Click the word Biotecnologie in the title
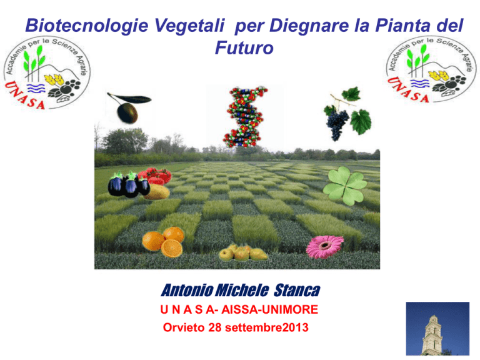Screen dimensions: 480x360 [87, 26]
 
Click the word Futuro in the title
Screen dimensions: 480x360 [244, 47]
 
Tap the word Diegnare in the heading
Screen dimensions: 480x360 [309, 26]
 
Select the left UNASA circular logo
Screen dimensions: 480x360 [47, 73]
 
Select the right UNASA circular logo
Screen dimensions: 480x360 [431, 69]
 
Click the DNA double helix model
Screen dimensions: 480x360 [245, 117]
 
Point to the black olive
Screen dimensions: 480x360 [127, 113]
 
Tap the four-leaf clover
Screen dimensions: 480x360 [345, 186]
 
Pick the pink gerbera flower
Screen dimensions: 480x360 [325, 246]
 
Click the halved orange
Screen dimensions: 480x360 [171, 248]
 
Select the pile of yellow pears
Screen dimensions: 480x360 [243, 253]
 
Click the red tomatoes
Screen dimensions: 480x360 [156, 176]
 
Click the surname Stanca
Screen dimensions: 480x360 [297, 290]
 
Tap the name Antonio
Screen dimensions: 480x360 [187, 290]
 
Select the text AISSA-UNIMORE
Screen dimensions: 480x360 [270, 309]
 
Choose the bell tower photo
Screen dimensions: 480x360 [437, 329]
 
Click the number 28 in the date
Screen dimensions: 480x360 [215, 327]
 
